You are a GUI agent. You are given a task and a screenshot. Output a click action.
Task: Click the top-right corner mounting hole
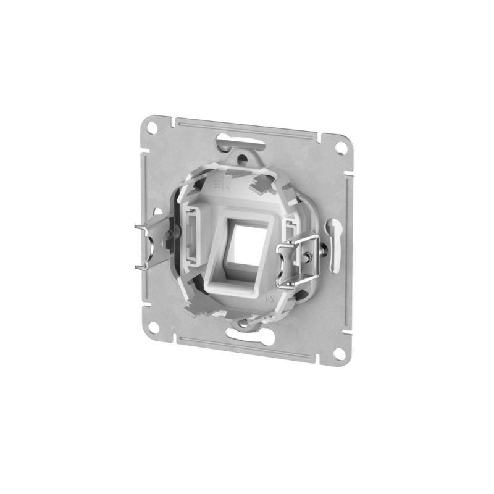[338, 148]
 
